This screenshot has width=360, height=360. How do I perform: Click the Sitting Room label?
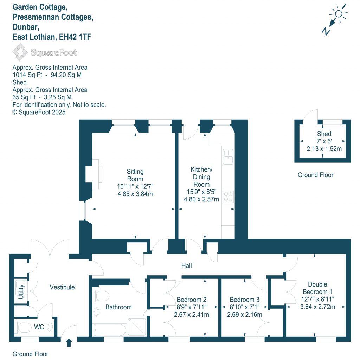click(x=135, y=175)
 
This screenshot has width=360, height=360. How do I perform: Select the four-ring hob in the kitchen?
click(x=228, y=196)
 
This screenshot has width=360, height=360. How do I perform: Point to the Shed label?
click(x=324, y=134)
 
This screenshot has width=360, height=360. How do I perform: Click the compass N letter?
click(x=326, y=31)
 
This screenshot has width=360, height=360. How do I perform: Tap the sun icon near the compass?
click(x=339, y=14)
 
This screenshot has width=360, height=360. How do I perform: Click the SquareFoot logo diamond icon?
click(x=20, y=52)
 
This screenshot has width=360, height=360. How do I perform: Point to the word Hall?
click(x=186, y=266)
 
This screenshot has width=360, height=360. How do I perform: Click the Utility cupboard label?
click(x=21, y=291)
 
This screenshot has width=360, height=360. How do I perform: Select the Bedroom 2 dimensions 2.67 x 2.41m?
click(x=192, y=315)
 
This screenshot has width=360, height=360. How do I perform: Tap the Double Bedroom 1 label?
click(x=317, y=288)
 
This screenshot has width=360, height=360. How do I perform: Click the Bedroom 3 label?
click(x=244, y=300)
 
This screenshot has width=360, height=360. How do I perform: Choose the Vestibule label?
click(x=62, y=287)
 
